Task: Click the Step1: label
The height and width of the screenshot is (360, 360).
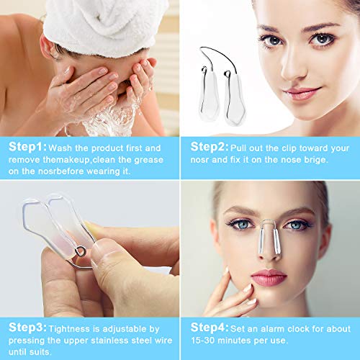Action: click(x=26, y=146)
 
